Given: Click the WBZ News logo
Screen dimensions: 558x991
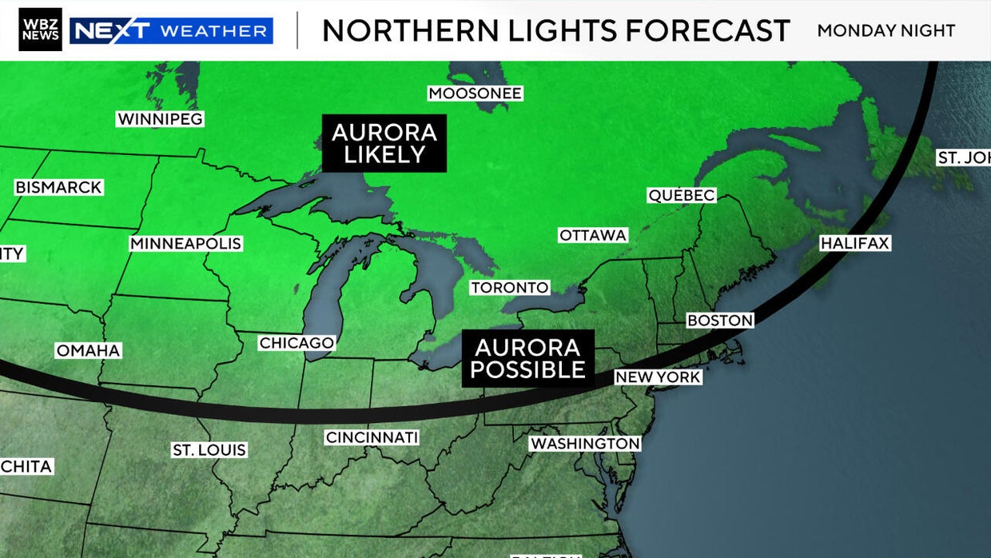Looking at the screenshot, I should click(40, 30).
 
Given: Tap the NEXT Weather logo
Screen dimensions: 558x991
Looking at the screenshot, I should click(171, 30).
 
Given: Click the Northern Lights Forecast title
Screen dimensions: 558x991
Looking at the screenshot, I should click(555, 30).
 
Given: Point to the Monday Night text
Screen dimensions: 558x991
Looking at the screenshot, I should click(886, 30).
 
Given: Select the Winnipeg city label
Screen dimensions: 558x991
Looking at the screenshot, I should click(161, 119).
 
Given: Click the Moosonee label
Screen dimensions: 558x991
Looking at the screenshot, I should click(476, 94).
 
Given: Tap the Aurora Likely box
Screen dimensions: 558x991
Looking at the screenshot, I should click(384, 143).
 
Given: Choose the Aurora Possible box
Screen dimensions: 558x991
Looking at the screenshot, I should click(527, 358).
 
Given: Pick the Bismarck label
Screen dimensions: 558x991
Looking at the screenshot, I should click(58, 187).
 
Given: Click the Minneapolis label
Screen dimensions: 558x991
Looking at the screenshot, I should click(186, 243).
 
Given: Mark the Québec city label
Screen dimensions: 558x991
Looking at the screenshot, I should click(681, 195).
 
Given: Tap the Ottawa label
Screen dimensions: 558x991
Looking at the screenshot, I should click(593, 235).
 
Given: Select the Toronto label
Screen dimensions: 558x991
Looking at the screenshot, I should click(510, 287).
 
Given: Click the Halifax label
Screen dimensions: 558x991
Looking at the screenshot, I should click(855, 243).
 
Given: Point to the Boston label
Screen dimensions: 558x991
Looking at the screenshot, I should click(720, 320).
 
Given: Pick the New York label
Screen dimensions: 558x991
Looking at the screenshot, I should click(658, 377).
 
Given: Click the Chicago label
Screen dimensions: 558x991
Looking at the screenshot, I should click(297, 343).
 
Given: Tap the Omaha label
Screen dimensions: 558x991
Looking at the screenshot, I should click(88, 350).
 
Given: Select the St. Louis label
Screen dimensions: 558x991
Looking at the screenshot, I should click(209, 450).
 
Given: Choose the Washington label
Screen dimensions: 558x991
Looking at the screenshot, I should click(586, 443).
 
